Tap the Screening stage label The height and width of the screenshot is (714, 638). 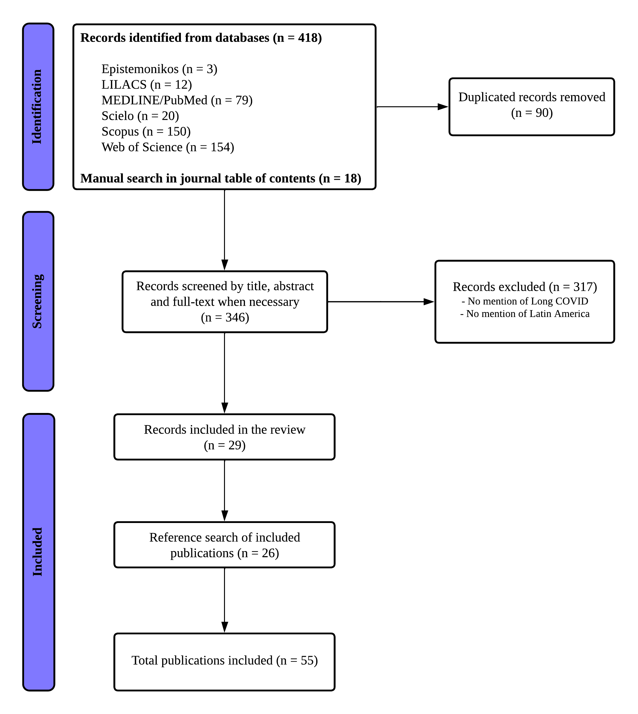point(38,301)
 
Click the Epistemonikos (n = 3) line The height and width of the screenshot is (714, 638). point(159,69)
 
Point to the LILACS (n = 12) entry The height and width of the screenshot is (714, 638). point(147,84)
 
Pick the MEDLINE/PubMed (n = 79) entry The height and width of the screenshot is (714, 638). point(177,100)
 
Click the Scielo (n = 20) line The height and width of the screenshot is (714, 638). point(140,116)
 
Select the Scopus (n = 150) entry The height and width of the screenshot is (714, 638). point(146,132)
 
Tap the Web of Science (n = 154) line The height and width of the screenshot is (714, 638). point(168,147)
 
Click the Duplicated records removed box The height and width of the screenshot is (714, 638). point(532,107)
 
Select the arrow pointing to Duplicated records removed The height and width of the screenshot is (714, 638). point(412,107)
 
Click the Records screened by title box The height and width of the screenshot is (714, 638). point(225,302)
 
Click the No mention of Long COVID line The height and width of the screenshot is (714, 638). point(525,301)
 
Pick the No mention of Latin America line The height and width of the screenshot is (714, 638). point(525,314)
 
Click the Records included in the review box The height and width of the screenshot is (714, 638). point(225,437)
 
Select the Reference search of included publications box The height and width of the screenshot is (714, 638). point(225,545)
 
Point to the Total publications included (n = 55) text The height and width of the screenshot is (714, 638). point(225,660)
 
